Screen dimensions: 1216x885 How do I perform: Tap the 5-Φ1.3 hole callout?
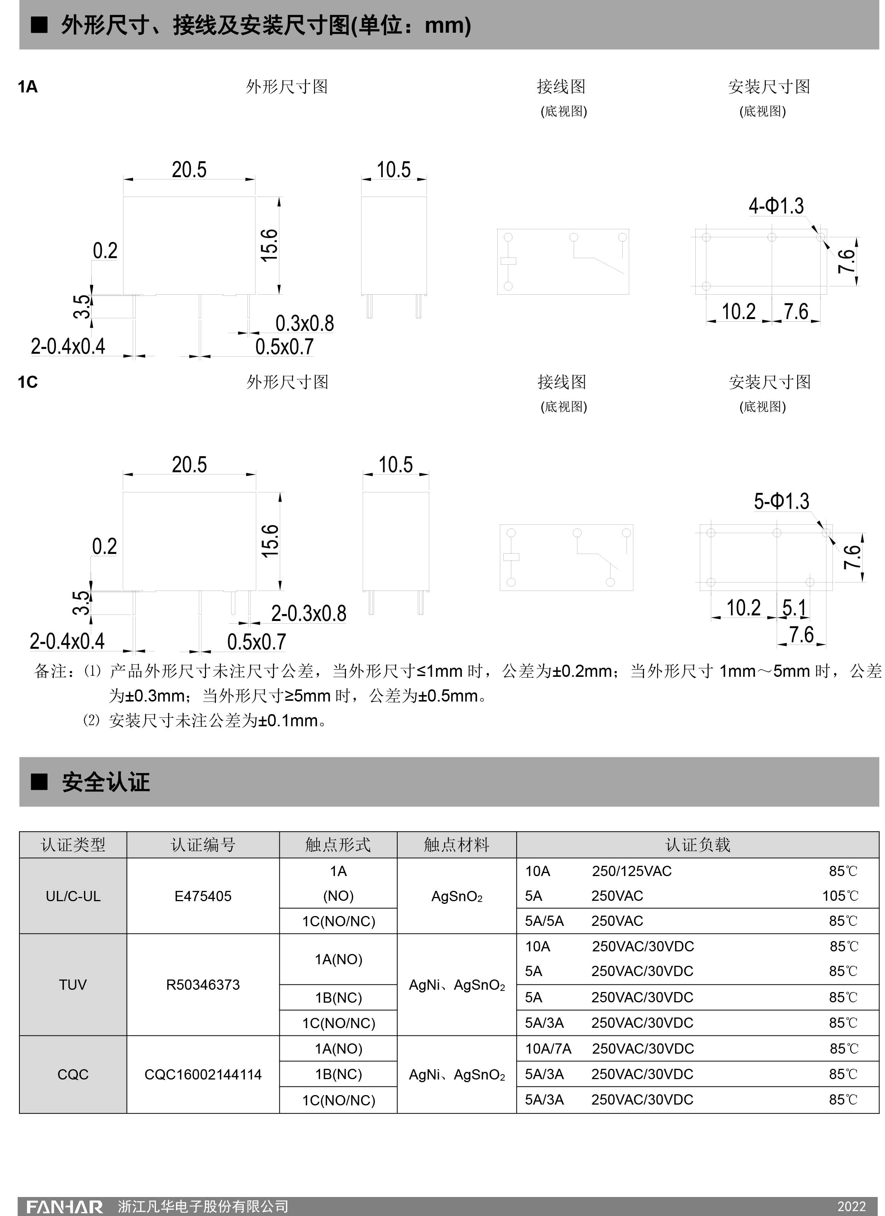pos(781,501)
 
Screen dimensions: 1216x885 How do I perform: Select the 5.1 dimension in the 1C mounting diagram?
pos(794,608)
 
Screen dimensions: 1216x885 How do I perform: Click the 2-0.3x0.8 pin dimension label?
pos(308,613)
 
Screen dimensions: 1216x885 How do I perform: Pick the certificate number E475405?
pos(203,896)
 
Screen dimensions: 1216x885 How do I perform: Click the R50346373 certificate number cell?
pos(203,984)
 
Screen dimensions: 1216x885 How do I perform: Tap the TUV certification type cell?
pos(73,984)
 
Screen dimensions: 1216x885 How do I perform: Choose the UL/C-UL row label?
pos(73,896)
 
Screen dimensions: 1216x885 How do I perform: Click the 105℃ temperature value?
pos(840,895)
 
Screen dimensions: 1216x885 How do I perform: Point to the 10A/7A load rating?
pos(548,1048)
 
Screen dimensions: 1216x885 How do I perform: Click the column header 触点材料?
pos(456,845)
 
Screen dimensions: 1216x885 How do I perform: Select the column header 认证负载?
pos(697,845)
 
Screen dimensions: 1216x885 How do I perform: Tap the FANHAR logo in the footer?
pos(64,1206)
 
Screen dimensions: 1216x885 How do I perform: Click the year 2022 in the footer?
pos(851,1206)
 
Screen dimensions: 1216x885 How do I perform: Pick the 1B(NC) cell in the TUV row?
pos(338,997)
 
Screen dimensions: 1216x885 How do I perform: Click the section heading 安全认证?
pos(106,782)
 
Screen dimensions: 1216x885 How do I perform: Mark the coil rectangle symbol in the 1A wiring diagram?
pos(508,261)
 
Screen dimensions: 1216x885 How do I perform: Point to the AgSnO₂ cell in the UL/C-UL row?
pos(457,896)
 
